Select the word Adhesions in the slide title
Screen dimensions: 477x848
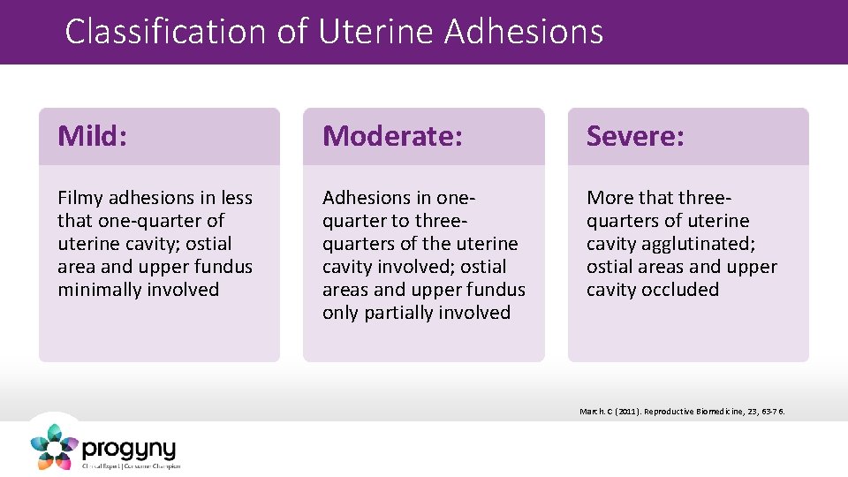click(x=525, y=32)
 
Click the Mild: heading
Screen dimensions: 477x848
click(x=93, y=136)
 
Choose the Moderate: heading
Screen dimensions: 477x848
click(x=392, y=136)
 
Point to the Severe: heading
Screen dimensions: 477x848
click(x=635, y=136)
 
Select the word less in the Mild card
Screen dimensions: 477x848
click(x=235, y=198)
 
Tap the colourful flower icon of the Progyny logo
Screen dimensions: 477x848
click(x=54, y=446)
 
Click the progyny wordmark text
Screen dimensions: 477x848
click(x=129, y=448)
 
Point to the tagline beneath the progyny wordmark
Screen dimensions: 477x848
click(x=131, y=466)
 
